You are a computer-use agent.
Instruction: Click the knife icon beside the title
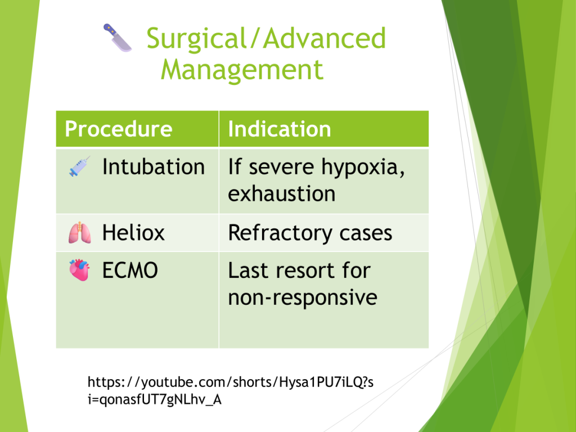point(118,38)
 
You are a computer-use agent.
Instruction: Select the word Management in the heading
point(242,70)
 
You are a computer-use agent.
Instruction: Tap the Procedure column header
point(119,129)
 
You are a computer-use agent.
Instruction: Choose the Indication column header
point(280,129)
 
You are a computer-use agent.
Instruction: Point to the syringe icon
point(79,166)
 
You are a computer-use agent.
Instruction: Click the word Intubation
point(154,166)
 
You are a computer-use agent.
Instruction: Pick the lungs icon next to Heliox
point(80,233)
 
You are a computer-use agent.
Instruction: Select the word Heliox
point(134,233)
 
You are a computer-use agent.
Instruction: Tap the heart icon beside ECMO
point(79,270)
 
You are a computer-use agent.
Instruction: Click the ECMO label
point(130,271)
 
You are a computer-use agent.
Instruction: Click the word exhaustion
point(282,193)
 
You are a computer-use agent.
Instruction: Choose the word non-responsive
point(303,298)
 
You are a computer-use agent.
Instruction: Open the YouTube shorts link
point(230,390)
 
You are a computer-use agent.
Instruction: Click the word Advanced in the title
point(325,38)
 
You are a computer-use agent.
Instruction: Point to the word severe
point(281,168)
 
